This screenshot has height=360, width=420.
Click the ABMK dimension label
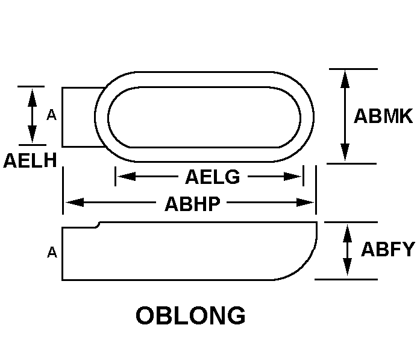[383, 116]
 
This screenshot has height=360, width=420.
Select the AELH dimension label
[30, 160]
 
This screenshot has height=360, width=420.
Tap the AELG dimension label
[213, 177]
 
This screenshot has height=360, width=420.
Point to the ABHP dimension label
[192, 204]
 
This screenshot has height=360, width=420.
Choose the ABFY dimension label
[388, 249]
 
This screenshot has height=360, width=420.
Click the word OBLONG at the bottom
[190, 315]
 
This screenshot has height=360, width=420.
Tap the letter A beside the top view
[52, 115]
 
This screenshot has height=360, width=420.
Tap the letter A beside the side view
[52, 252]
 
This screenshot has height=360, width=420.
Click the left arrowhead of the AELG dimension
[127, 176]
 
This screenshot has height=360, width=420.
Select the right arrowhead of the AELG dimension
[292, 176]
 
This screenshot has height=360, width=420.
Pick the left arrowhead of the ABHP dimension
[75, 203]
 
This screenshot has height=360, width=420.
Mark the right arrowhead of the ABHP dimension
[305, 203]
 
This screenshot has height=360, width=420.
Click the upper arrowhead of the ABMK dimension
[345, 79]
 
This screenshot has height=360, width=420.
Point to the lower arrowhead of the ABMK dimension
[345, 152]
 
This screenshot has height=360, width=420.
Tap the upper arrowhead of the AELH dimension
[32, 98]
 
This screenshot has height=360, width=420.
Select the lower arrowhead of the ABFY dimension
[348, 266]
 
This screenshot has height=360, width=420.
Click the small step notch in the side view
[98, 225]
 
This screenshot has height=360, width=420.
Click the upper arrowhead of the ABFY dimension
[348, 233]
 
